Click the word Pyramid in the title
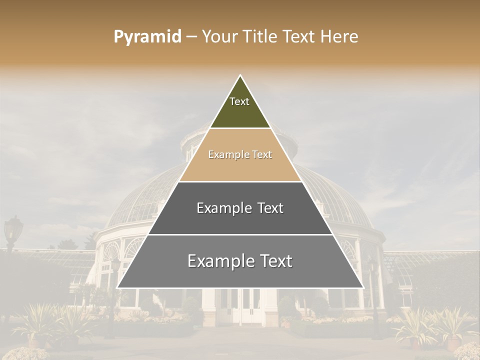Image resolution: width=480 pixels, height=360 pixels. click(x=147, y=37)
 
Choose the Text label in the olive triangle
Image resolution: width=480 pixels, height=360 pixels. click(x=239, y=101)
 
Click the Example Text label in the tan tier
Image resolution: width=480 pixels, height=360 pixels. click(x=240, y=155)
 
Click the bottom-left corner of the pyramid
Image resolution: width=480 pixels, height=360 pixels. click(x=118, y=287)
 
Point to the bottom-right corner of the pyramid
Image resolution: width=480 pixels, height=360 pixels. click(x=362, y=287)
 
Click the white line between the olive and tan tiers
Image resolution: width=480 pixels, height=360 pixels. click(x=240, y=128)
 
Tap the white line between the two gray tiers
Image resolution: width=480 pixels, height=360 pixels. click(x=240, y=234)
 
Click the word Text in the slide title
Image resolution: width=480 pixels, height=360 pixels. click(x=300, y=37)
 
